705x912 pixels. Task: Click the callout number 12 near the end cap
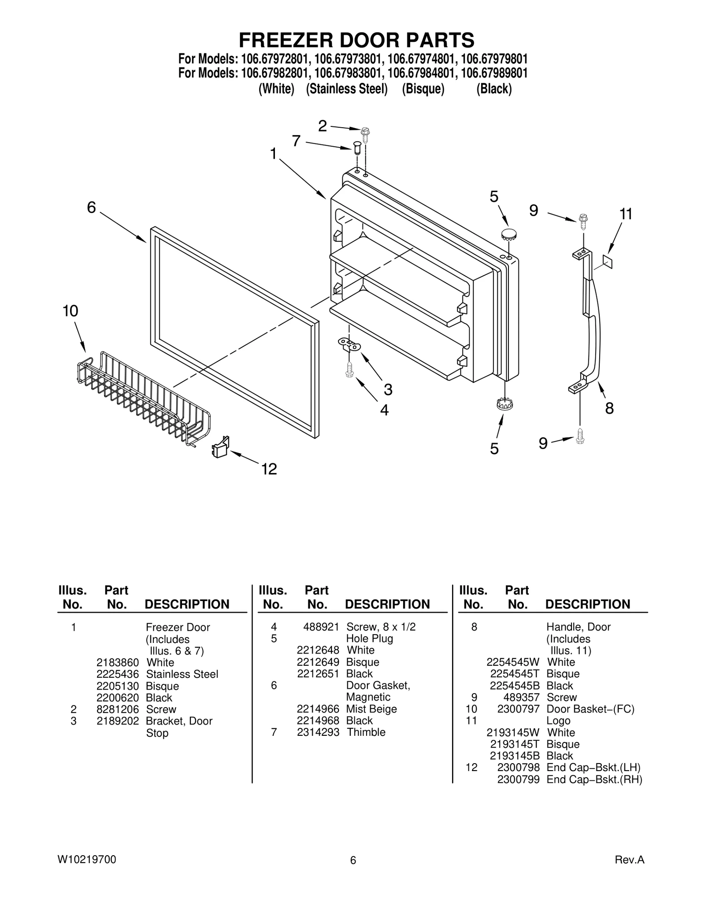coord(269,469)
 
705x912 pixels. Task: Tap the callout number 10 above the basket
coord(70,311)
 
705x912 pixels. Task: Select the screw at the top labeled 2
coord(365,132)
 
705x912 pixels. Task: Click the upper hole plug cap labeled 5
coord(508,233)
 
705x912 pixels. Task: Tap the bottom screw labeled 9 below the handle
coord(580,436)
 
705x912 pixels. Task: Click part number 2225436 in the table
coord(118,674)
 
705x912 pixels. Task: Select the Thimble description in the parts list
coord(366,732)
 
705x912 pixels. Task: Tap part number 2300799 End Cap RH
coord(518,780)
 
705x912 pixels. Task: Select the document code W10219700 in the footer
coord(87,860)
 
